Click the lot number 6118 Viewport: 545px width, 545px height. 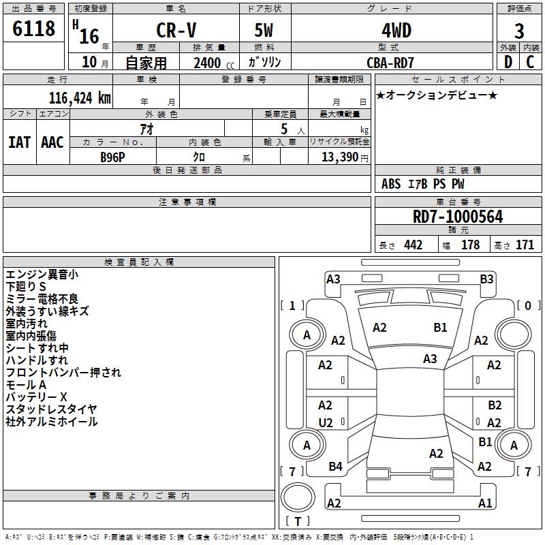[33, 29]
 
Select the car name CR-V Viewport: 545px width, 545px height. [176, 30]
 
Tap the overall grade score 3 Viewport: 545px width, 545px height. [519, 31]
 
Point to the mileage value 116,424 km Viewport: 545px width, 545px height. [80, 98]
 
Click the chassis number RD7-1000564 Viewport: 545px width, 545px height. [458, 217]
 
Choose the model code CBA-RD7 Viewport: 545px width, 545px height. [390, 63]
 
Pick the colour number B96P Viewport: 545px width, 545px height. [112, 157]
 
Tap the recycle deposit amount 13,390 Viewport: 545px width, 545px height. [340, 157]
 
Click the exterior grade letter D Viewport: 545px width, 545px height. [508, 62]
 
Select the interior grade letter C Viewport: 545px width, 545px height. [530, 62]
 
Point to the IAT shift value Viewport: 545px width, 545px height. [20, 142]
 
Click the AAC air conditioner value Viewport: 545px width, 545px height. [52, 142]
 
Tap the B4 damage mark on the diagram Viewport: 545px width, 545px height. [335, 467]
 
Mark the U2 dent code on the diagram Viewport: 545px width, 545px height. [326, 422]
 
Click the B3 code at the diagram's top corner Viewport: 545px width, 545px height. [486, 279]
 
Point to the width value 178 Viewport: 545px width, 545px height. [470, 245]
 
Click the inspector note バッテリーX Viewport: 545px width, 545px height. [37, 397]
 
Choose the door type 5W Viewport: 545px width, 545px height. [264, 30]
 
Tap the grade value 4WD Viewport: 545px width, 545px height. [396, 31]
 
